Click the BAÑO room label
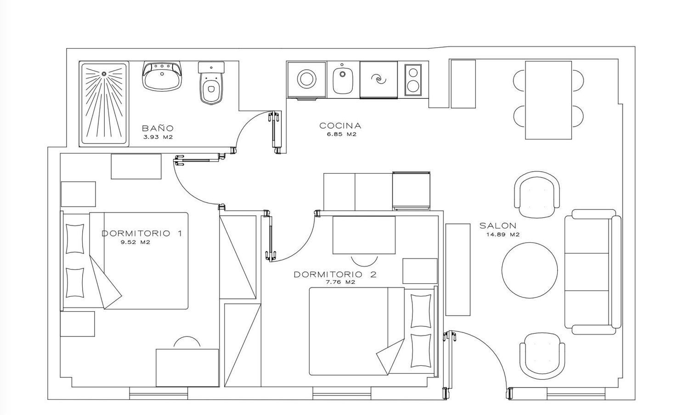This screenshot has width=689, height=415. pos(158,128)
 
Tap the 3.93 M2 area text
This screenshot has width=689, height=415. pos(158,137)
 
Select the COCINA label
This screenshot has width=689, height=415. pos(340,126)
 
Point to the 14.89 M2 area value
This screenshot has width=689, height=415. pos(503,235)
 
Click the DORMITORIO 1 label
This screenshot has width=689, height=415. pos(142,233)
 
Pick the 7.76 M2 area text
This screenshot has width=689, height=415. pos(341,282)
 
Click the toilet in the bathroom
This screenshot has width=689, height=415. pos(211,83)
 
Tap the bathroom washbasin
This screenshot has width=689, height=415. pos(162,77)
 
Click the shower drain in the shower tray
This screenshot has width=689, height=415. pos(104,74)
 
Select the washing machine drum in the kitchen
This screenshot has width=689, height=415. pos(307,79)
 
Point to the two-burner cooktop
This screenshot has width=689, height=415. pos(413,79)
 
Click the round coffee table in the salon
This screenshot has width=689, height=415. pos(530,270)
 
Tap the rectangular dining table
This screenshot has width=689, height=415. pos(548,100)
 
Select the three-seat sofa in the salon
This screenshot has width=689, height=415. pos(593,272)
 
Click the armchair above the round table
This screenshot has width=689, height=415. pos(537,195)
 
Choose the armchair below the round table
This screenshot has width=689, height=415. pos(542,357)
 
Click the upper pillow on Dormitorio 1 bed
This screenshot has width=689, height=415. pos(75,239)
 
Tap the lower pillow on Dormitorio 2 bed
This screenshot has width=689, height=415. pos(421,350)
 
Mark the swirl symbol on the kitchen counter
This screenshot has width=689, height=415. pos(378,79)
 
